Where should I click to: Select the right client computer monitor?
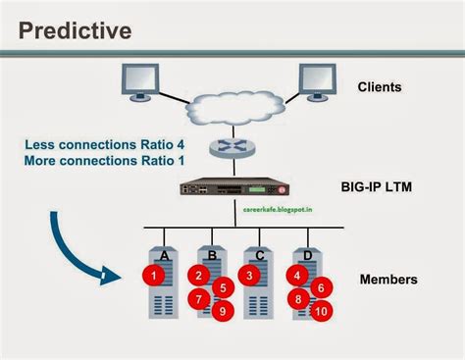tap(320, 83)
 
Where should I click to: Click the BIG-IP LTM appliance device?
tap(230, 187)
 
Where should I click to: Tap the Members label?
tap(388, 280)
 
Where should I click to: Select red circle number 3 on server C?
tap(251, 276)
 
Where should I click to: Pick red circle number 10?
tap(320, 310)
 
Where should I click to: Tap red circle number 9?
tap(223, 311)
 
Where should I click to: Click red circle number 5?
tap(223, 288)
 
